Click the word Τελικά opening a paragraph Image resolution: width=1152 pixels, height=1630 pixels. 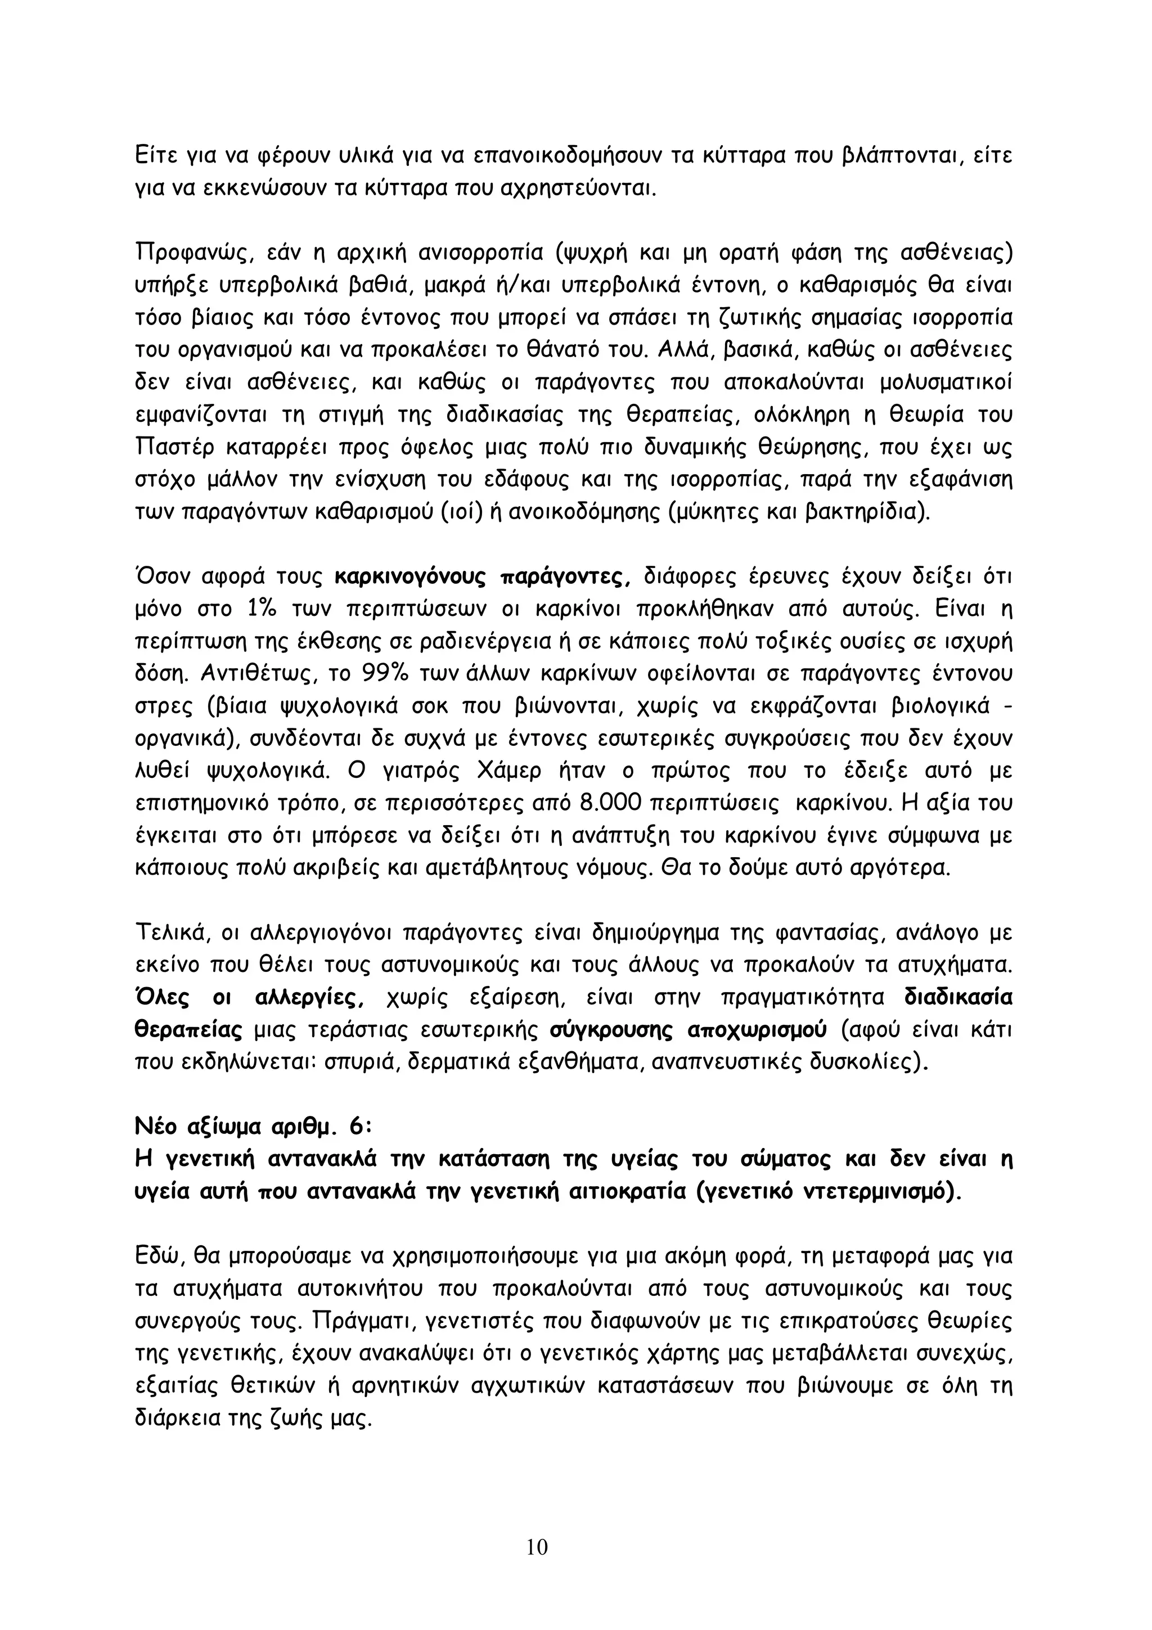tap(170, 933)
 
